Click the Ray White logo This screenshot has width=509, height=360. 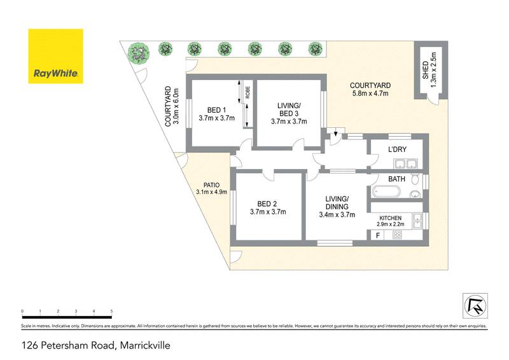(x=55, y=57)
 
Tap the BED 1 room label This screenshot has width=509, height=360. (x=216, y=113)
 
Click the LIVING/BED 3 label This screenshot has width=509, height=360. (x=289, y=113)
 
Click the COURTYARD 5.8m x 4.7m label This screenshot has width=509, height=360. (x=370, y=90)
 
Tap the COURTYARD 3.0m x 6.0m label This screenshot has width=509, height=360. (x=172, y=107)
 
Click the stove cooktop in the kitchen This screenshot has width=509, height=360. (x=398, y=235)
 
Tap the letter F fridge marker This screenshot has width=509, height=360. (x=378, y=235)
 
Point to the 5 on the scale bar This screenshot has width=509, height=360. (x=112, y=312)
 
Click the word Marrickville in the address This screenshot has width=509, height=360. (x=143, y=346)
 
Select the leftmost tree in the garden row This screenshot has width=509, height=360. (x=136, y=50)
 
